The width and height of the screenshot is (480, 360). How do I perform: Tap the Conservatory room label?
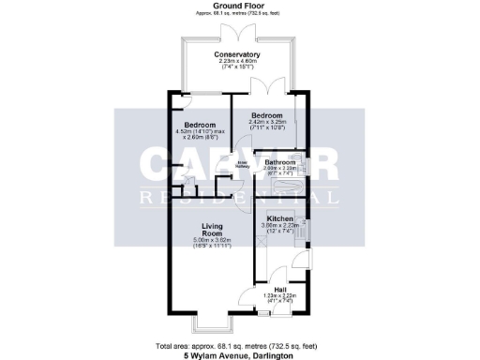click(x=236, y=55)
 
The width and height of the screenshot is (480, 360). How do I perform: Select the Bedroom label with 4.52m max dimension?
click(x=200, y=126)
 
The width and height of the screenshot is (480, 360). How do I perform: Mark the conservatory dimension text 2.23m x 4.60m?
click(x=236, y=62)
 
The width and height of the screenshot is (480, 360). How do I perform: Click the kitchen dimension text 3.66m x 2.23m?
click(x=280, y=226)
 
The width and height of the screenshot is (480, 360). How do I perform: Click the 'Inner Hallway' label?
click(x=241, y=165)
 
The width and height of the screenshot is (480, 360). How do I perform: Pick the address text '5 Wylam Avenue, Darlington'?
click(x=240, y=354)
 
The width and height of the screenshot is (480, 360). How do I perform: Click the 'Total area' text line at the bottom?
click(x=240, y=345)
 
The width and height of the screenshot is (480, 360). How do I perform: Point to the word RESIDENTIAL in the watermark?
click(x=240, y=198)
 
